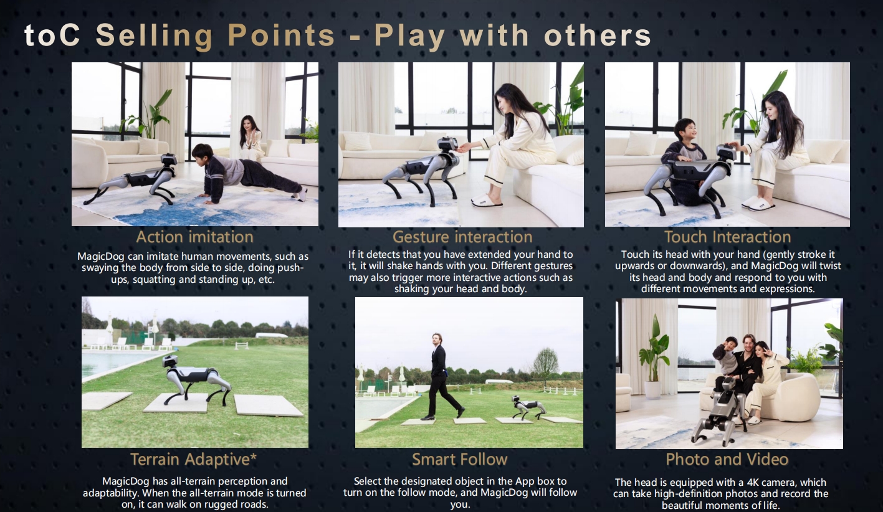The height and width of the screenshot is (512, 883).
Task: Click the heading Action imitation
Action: click(194, 237)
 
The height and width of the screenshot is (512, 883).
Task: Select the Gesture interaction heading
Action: click(462, 237)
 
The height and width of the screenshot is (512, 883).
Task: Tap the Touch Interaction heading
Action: click(728, 237)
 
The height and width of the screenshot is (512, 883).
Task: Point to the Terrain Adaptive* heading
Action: click(194, 459)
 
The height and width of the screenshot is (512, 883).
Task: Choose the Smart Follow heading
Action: click(460, 459)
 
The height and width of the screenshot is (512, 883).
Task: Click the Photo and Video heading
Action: click(727, 459)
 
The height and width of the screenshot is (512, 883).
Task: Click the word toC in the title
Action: click(52, 35)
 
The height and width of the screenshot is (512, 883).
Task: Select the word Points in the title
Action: click(282, 35)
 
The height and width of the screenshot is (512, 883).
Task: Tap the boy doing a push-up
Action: click(246, 174)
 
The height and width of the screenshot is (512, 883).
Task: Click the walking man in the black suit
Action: click(441, 376)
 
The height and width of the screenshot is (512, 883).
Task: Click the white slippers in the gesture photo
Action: click(487, 200)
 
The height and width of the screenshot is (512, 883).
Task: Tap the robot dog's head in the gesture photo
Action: click(449, 145)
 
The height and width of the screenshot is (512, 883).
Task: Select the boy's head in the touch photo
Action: click(685, 131)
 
